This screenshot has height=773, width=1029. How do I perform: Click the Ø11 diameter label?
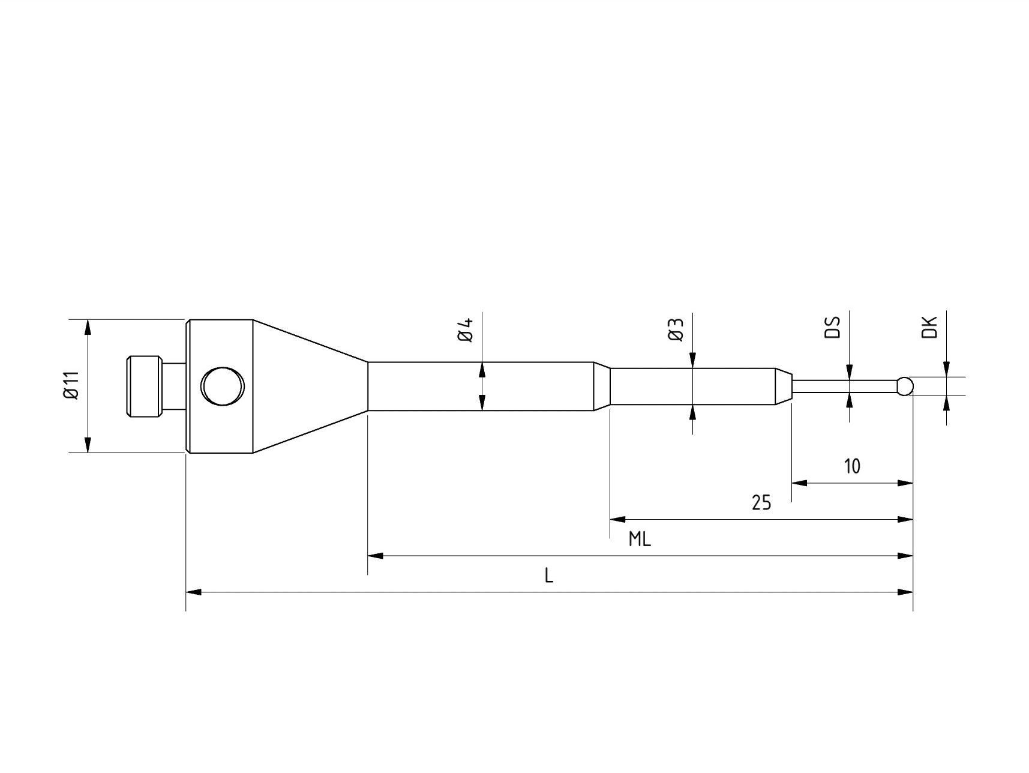click(x=71, y=385)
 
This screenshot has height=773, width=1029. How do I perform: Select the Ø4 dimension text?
click(x=466, y=329)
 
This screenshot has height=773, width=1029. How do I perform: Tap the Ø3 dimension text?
click(x=676, y=329)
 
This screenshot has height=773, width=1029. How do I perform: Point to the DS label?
click(x=833, y=327)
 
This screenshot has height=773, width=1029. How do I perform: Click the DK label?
click(x=929, y=327)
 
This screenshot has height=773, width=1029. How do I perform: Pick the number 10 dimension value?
click(x=851, y=466)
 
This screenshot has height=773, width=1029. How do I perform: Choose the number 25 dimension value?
click(x=761, y=502)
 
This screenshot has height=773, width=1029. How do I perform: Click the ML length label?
click(x=640, y=540)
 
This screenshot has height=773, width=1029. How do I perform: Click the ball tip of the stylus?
click(x=905, y=386)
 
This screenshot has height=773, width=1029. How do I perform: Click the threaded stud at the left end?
click(x=144, y=386)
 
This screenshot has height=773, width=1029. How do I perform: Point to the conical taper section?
click(x=309, y=386)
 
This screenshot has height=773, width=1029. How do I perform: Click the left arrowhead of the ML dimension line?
click(x=375, y=556)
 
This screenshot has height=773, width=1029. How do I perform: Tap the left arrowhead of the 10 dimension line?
click(x=799, y=483)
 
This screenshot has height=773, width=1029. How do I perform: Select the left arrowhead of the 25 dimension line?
click(x=617, y=519)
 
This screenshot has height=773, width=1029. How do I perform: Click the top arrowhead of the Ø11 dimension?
click(x=88, y=327)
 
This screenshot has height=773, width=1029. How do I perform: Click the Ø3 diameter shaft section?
click(x=690, y=386)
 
